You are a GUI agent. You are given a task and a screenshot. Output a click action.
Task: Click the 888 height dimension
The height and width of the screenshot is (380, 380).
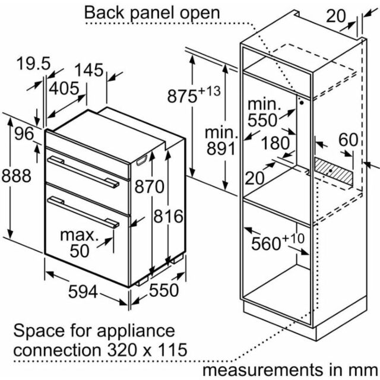17,176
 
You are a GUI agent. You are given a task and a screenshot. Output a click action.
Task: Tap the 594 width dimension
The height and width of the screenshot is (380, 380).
83,292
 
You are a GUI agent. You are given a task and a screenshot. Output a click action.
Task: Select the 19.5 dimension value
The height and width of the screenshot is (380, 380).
33,64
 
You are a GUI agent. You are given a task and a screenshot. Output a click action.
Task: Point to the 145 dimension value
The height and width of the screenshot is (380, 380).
88,70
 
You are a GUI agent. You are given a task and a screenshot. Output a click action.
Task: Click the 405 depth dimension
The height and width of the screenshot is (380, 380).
64,88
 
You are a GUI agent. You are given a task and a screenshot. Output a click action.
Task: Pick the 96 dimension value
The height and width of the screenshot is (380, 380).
24,134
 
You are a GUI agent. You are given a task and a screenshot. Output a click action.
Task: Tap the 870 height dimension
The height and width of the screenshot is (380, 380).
149,187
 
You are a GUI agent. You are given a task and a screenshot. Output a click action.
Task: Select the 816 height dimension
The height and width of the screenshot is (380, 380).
168,216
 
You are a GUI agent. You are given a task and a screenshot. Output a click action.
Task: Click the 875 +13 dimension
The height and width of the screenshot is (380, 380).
194,94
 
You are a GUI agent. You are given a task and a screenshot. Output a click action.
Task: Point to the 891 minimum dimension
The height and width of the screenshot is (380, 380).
221,148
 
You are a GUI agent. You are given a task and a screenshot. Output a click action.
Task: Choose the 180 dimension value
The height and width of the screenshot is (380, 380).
275,143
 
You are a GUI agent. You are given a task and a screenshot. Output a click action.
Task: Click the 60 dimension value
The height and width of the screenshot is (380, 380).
349,140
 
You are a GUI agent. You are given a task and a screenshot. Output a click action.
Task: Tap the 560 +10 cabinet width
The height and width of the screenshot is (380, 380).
278,242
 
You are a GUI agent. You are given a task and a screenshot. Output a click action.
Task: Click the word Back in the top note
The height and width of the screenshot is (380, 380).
104,12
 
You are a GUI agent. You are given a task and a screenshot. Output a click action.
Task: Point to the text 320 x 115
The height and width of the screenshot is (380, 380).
147,350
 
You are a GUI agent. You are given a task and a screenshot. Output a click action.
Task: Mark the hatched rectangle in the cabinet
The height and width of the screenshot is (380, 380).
334,170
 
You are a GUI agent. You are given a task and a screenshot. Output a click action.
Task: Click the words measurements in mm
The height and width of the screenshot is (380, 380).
290,370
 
